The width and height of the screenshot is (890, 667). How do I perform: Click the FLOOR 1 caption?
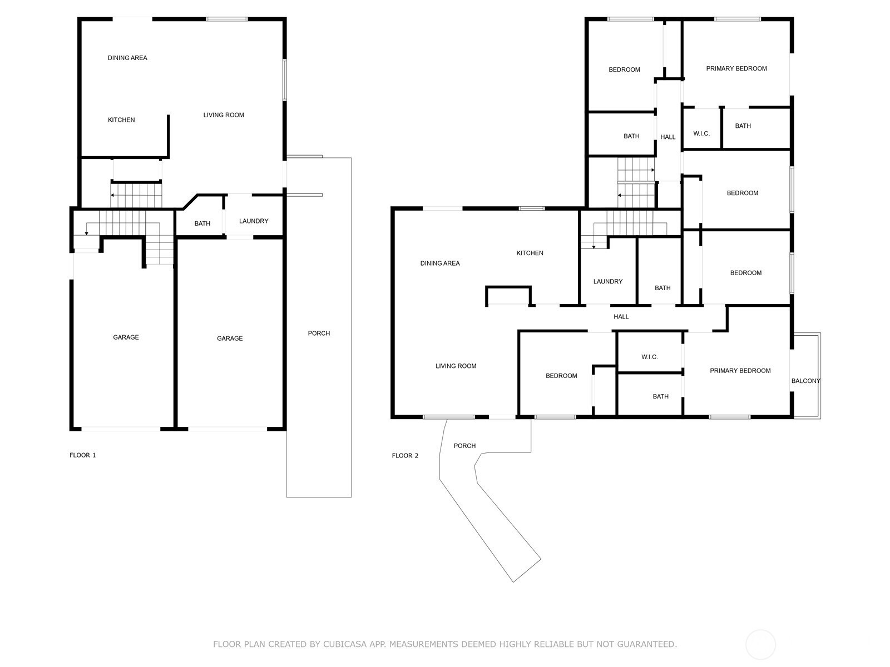[82, 455]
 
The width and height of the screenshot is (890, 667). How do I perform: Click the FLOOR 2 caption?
[405, 456]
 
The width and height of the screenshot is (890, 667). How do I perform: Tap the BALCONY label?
[805, 381]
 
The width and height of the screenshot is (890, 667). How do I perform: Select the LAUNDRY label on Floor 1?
[254, 221]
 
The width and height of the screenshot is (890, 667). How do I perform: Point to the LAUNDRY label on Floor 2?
[608, 282]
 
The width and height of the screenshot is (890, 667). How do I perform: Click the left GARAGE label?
[126, 337]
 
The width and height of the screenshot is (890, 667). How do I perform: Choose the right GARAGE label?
[230, 339]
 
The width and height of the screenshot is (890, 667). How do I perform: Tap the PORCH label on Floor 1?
[319, 333]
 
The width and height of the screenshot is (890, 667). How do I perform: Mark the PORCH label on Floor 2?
[464, 446]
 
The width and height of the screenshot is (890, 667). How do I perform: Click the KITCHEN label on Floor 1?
[121, 120]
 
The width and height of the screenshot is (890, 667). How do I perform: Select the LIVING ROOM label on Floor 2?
[456, 366]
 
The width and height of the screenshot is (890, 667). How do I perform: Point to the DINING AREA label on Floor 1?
[127, 58]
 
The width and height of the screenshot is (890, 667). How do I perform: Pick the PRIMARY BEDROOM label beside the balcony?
[740, 371]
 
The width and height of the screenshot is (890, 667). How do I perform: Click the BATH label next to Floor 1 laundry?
[202, 223]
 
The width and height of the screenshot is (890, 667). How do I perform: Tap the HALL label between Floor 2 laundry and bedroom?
[621, 317]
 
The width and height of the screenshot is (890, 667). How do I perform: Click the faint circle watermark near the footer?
[760, 645]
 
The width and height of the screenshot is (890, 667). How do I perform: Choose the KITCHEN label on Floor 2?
[530, 253]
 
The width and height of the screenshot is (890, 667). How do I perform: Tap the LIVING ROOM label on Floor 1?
[224, 115]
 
